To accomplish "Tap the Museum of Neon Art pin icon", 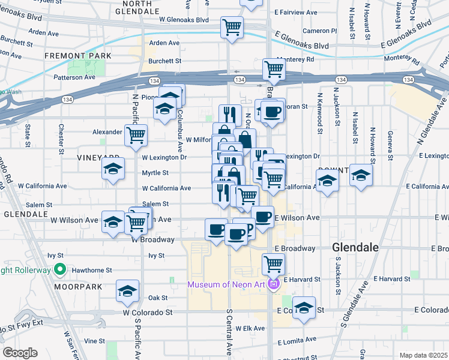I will click(x=274, y=284).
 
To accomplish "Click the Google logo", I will click(x=20, y=353).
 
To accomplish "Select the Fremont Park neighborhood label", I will click(x=78, y=56).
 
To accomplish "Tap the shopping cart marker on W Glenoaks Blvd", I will click(x=232, y=27).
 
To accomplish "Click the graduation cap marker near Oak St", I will click(x=127, y=291).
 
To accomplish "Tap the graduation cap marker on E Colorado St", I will click(x=304, y=307).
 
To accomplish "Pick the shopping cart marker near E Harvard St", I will click(x=273, y=263).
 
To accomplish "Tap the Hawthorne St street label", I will click(x=92, y=271).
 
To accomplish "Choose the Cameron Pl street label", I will click(x=319, y=31).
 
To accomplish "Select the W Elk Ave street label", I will click(x=250, y=328).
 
